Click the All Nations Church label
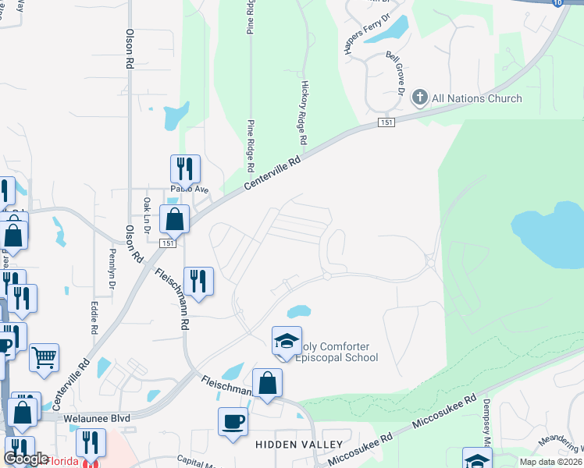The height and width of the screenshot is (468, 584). [x=476, y=98]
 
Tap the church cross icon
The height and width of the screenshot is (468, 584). [x=419, y=97]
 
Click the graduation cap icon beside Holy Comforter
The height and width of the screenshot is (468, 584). [x=287, y=340]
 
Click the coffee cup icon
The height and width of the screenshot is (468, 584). [x=233, y=422]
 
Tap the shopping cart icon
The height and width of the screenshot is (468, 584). [x=45, y=356]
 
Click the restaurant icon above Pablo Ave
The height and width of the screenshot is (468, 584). [x=185, y=168]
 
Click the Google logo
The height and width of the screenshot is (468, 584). [x=26, y=459]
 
